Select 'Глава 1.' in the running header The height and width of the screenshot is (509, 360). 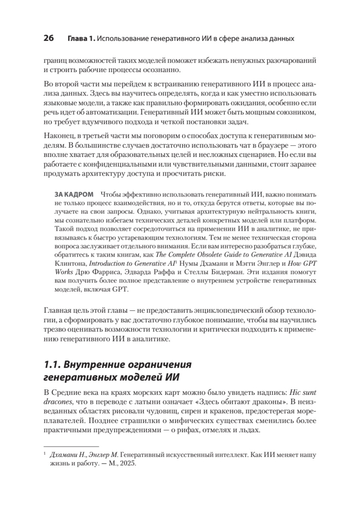click(x=81, y=39)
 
